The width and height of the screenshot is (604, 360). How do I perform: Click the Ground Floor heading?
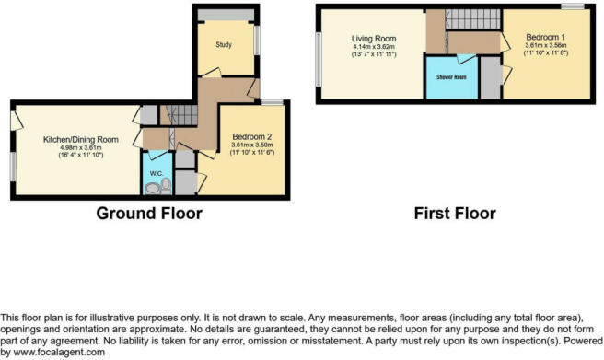click(148, 214)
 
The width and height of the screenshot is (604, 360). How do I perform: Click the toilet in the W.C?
click(165, 185)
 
